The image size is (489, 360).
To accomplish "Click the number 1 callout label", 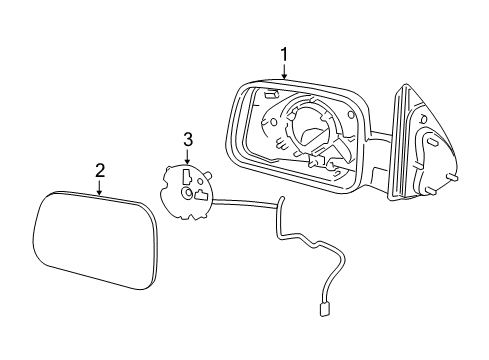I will click(284, 54).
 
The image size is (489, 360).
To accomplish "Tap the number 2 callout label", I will click(100, 170).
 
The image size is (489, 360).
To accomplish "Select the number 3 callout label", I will click(187, 139).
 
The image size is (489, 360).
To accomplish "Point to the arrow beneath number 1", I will click(284, 71).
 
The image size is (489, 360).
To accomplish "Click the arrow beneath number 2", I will click(100, 186).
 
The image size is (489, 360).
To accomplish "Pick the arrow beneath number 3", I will click(187, 156).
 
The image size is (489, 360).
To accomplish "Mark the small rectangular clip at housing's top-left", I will click(272, 94).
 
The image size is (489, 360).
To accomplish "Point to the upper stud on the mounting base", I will click(451, 178).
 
